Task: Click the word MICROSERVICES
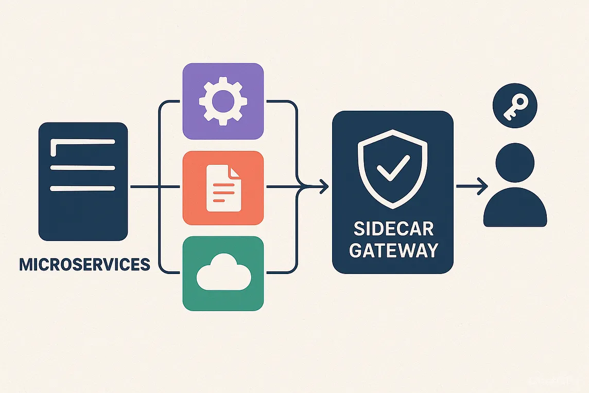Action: [x=84, y=265]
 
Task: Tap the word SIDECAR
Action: [x=393, y=228]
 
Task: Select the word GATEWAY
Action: [x=393, y=250]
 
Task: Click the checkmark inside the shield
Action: [x=393, y=168]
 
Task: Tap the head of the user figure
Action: [x=515, y=160]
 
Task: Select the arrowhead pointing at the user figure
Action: [x=482, y=186]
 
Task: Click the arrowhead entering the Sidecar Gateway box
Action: [x=323, y=186]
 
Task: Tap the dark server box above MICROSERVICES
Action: [x=83, y=216]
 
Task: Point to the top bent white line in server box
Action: [x=82, y=141]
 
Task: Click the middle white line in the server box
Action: [x=82, y=167]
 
